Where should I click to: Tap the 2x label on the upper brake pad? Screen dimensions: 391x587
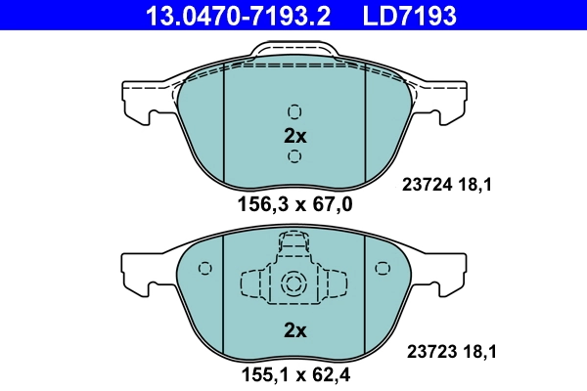[x=294, y=135]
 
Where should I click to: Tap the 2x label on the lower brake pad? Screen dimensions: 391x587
[x=294, y=330]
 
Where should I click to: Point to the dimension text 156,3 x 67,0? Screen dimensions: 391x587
[x=294, y=204]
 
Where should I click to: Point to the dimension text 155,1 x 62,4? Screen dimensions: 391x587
[x=294, y=375]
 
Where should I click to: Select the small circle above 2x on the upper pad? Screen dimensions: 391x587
[x=294, y=111]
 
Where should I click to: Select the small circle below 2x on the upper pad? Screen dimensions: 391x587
[x=294, y=157]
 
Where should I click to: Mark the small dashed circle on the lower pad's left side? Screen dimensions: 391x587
[x=204, y=270]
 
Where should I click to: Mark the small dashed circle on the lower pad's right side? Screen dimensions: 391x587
[x=382, y=269]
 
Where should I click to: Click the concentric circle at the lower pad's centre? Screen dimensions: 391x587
[x=293, y=284]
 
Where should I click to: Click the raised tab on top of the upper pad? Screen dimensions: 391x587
[x=293, y=57]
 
